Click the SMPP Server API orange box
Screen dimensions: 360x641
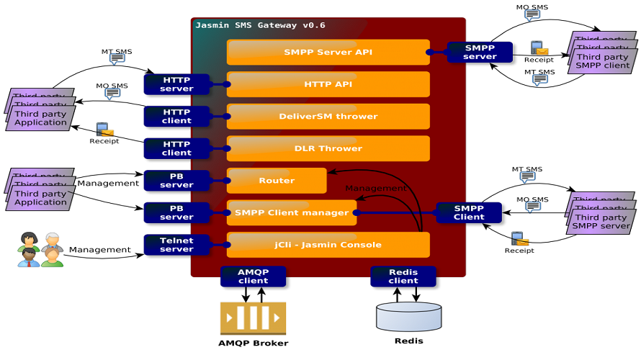click(x=328, y=52)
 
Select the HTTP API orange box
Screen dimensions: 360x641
click(x=328, y=84)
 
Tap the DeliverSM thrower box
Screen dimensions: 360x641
click(x=328, y=116)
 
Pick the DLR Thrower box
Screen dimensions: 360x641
click(x=328, y=148)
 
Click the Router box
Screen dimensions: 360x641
click(x=277, y=181)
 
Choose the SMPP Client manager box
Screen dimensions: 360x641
click(x=292, y=212)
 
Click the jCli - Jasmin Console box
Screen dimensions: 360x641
click(x=328, y=245)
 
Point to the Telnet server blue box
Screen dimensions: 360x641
click(x=176, y=245)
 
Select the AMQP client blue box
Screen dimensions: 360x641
click(x=253, y=276)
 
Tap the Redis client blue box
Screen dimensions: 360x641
click(x=403, y=276)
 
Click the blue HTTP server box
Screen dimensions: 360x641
click(x=176, y=84)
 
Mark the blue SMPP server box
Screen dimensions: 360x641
click(x=480, y=52)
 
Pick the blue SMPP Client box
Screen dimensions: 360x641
click(x=469, y=212)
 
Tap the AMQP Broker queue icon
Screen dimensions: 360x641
click(x=253, y=318)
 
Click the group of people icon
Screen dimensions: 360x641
click(x=40, y=250)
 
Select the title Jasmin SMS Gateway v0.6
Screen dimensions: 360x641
click(x=260, y=25)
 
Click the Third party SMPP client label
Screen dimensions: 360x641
click(x=603, y=60)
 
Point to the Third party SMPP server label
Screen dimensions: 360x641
click(x=601, y=222)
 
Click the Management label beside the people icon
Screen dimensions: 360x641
click(x=100, y=250)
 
